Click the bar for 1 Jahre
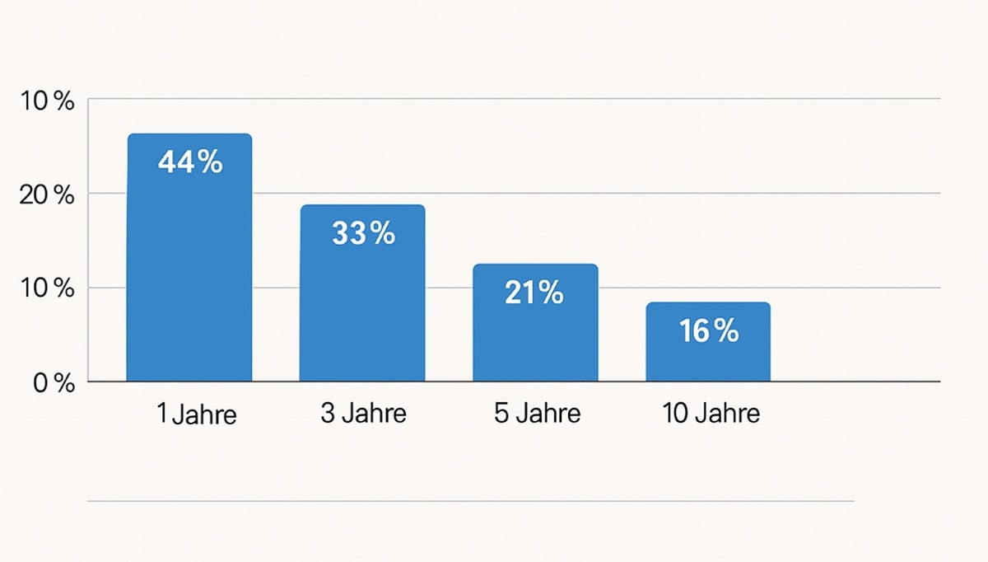[x=189, y=257]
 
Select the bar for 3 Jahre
[x=362, y=293]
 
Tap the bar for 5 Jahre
[x=535, y=322]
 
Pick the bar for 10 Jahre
[x=708, y=342]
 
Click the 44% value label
[x=190, y=162]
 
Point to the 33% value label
[x=364, y=233]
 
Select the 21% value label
[x=534, y=293]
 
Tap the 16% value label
[x=709, y=330]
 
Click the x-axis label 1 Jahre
[x=197, y=414]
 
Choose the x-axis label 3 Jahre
[x=363, y=413]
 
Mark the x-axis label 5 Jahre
[x=537, y=413]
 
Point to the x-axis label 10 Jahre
[x=711, y=413]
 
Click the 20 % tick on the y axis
[x=47, y=194]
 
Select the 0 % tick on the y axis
[x=54, y=383]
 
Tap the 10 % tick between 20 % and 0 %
[x=47, y=288]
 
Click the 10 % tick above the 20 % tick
[x=47, y=101]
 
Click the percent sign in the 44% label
[x=210, y=162]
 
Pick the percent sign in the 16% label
[x=726, y=330]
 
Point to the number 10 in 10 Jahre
[x=676, y=413]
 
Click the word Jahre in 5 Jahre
[x=548, y=413]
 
